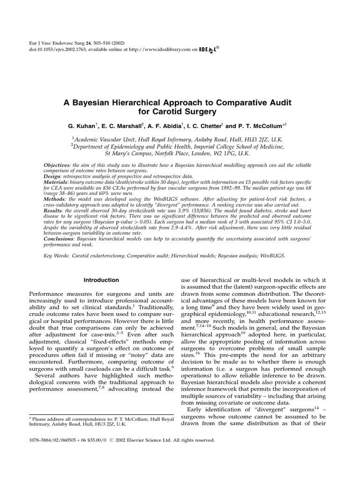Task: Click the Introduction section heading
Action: click(101, 280)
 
